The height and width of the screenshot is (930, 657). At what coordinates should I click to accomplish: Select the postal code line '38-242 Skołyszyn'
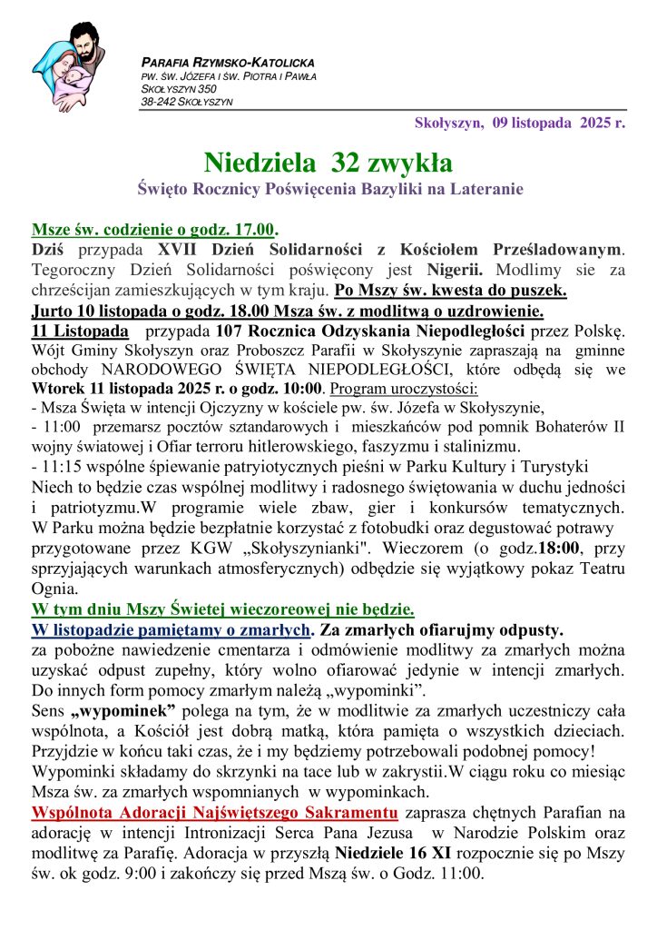(x=186, y=102)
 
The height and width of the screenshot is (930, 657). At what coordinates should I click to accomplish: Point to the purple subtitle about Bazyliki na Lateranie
(x=328, y=190)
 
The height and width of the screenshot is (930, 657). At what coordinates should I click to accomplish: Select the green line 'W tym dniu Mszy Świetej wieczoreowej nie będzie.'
(x=223, y=609)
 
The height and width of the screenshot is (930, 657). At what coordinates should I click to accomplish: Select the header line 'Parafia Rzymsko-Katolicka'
(x=228, y=63)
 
